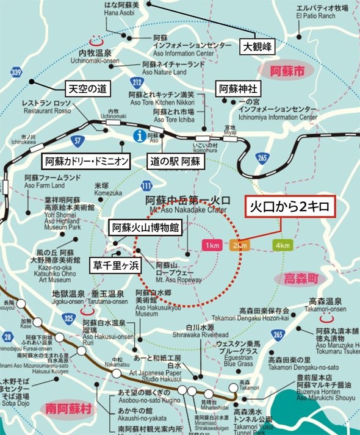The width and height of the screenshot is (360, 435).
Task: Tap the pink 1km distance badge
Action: pos(212,245)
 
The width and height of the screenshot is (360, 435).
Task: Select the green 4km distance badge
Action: pos(283,245)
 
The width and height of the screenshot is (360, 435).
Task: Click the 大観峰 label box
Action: pos(256,46)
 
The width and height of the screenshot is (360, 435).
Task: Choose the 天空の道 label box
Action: pos(87,88)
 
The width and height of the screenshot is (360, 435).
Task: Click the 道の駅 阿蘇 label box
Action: pos(175,162)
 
